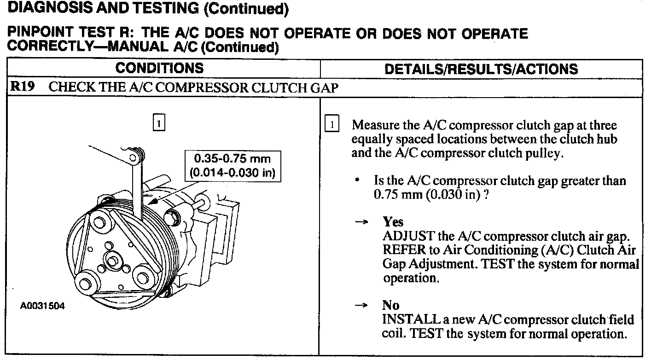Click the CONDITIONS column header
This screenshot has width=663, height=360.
159,68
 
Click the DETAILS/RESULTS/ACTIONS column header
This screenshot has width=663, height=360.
481,69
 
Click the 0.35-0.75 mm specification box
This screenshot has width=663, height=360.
232,166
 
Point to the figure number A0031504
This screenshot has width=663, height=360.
42,305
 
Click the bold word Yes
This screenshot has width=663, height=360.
393,222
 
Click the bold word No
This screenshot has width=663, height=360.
390,305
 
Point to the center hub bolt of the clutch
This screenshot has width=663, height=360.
111,261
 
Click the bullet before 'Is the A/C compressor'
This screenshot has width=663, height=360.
357,181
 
